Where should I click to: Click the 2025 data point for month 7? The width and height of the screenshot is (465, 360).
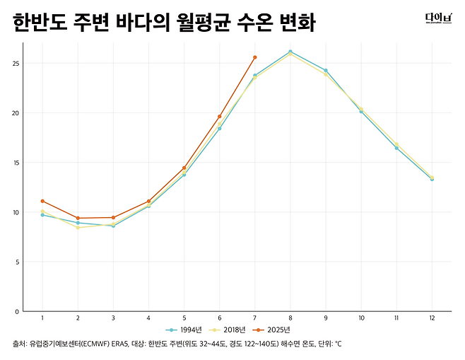pyautogui.click(x=254, y=57)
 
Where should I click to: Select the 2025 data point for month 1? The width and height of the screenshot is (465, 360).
pyautogui.click(x=42, y=201)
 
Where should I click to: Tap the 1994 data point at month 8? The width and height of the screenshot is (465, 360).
pyautogui.click(x=290, y=52)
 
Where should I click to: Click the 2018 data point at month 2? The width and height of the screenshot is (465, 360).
pyautogui.click(x=78, y=228)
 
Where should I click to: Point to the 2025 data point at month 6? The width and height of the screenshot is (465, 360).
pyautogui.click(x=220, y=116)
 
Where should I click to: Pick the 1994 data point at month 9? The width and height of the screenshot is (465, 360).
pyautogui.click(x=326, y=70)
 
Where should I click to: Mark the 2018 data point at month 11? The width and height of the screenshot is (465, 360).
pyautogui.click(x=396, y=144)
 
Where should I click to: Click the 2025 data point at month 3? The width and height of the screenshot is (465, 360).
pyautogui.click(x=113, y=218)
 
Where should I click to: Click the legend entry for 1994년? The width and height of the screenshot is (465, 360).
pyautogui.click(x=184, y=330)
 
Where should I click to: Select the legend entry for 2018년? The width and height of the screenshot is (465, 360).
pyautogui.click(x=227, y=330)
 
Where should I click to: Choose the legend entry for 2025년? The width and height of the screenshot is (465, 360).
pyautogui.click(x=271, y=330)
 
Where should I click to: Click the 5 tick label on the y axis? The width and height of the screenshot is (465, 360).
pyautogui.click(x=17, y=262)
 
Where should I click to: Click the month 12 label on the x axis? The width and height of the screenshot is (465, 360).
pyautogui.click(x=432, y=318)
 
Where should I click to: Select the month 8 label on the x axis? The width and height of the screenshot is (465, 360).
pyautogui.click(x=290, y=318)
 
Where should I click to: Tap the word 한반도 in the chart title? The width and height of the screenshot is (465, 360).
pyautogui.click(x=40, y=23)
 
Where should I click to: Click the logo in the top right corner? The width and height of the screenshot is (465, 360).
pyautogui.click(x=439, y=18)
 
